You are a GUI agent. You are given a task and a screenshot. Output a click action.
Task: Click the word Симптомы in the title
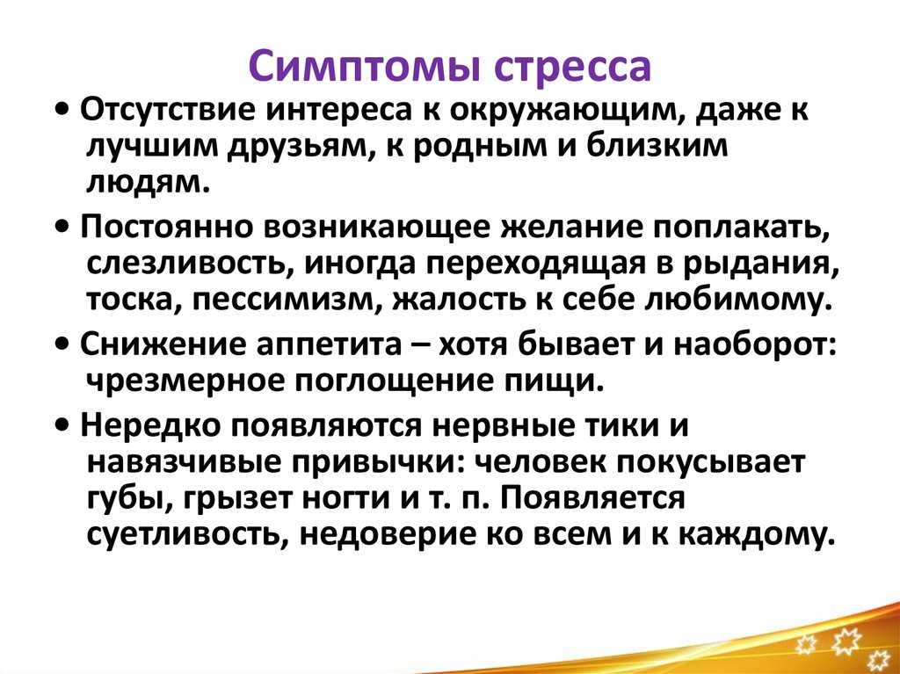click(x=367, y=65)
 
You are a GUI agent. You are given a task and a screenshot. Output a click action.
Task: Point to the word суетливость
click(x=190, y=535)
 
